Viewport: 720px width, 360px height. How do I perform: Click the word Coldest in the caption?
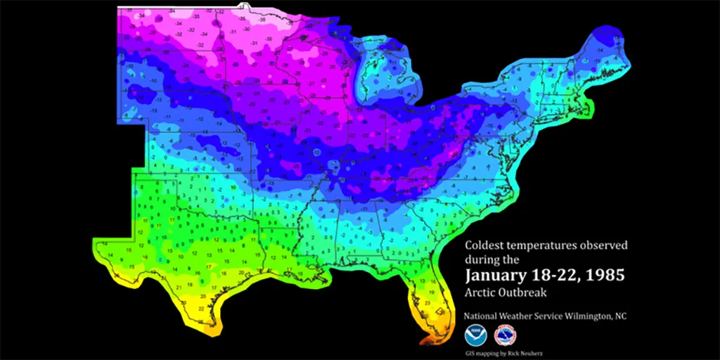(x=485, y=246)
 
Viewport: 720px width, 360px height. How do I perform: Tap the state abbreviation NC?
(x=621, y=316)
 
